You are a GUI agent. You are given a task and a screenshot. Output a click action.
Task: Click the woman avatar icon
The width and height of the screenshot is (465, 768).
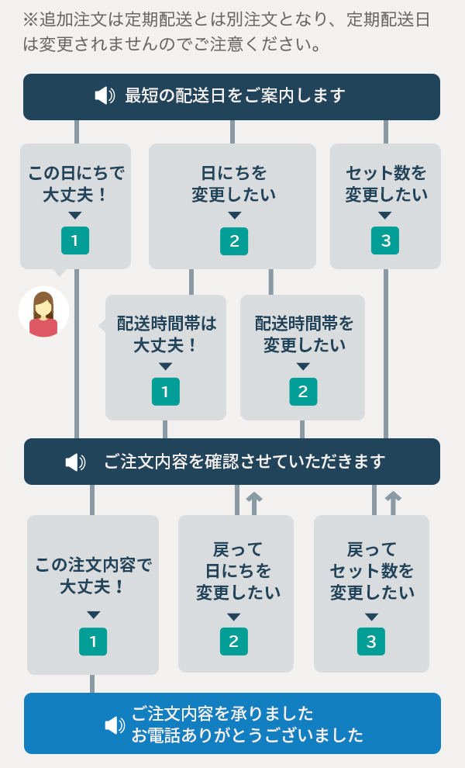[x=44, y=312]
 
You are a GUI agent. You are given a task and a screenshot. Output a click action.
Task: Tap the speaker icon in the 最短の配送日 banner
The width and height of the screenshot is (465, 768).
[x=105, y=96]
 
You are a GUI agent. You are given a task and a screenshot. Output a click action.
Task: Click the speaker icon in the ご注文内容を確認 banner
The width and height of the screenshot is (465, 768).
[x=75, y=462]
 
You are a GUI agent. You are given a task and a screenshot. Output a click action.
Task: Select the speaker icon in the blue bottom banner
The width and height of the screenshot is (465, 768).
[x=115, y=725]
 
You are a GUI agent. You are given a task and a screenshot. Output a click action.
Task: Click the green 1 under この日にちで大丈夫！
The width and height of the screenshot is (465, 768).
[x=75, y=240]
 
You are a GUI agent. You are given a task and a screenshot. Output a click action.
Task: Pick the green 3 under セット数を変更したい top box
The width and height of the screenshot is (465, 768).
[x=386, y=240]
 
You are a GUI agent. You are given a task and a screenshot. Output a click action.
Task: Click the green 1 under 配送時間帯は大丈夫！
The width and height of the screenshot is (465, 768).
[x=165, y=391]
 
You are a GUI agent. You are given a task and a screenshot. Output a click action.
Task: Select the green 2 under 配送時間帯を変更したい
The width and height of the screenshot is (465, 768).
[x=303, y=391]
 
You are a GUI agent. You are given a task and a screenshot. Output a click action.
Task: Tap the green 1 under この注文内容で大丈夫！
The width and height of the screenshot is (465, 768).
[x=93, y=642]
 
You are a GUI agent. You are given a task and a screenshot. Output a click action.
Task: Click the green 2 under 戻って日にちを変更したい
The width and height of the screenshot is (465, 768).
[x=234, y=642]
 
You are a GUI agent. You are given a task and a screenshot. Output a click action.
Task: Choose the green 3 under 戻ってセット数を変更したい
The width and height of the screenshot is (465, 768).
[x=371, y=642]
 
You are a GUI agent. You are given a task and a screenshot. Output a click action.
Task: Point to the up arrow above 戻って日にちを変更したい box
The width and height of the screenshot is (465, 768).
[x=254, y=501]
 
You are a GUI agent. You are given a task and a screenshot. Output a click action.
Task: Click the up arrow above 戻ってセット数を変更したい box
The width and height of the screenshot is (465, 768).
[x=393, y=501]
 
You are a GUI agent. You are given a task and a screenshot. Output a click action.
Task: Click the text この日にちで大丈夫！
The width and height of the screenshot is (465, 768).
[x=75, y=183]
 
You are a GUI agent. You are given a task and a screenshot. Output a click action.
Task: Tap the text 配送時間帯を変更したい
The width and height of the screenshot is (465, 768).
[x=303, y=334]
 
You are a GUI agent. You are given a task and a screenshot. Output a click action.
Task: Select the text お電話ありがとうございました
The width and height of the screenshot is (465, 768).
[x=246, y=735]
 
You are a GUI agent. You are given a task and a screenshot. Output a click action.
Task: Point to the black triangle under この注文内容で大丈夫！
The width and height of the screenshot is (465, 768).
[x=93, y=614]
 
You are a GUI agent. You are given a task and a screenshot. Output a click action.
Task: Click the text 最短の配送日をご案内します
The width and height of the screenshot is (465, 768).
[x=234, y=96]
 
